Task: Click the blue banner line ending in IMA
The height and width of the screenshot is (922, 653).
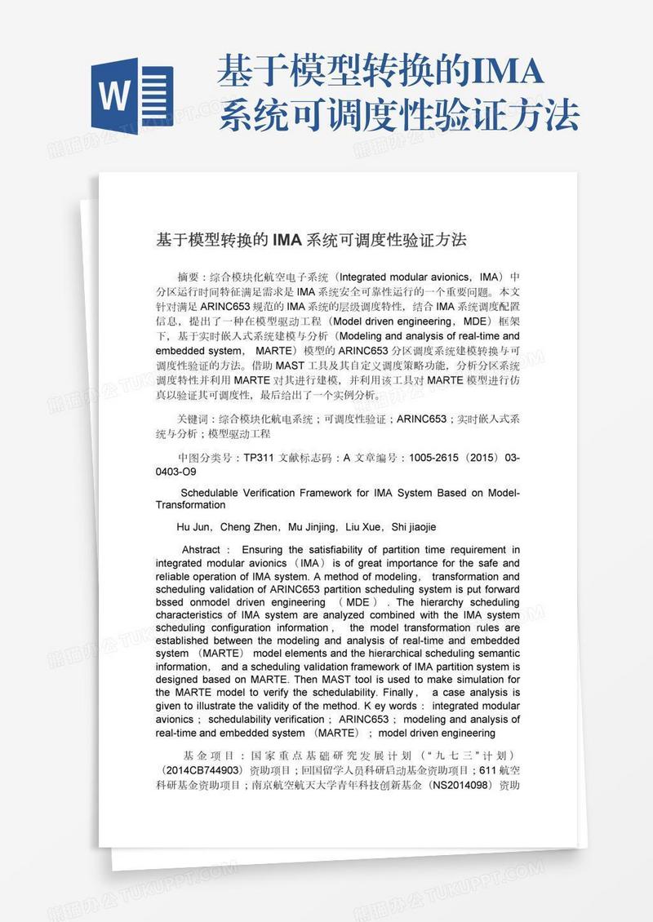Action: click(x=380, y=73)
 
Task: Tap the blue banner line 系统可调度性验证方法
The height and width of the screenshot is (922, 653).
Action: click(x=399, y=116)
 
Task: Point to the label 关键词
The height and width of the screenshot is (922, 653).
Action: click(x=194, y=419)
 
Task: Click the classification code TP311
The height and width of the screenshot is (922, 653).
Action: click(x=260, y=459)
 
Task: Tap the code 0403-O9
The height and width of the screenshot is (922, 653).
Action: click(x=175, y=472)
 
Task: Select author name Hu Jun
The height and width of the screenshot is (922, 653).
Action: click(x=193, y=527)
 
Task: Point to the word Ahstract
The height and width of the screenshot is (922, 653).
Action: click(x=201, y=550)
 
